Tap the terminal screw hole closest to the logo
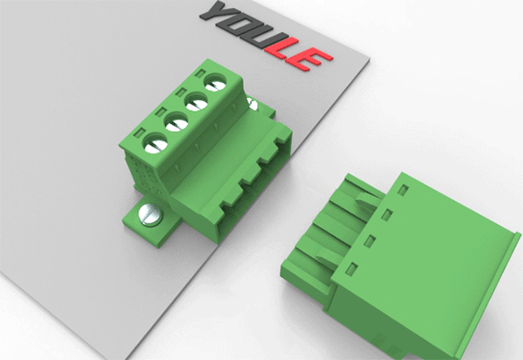215,83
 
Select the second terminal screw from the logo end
197,101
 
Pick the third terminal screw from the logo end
177,121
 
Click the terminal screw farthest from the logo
156,143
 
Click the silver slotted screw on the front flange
151,214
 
